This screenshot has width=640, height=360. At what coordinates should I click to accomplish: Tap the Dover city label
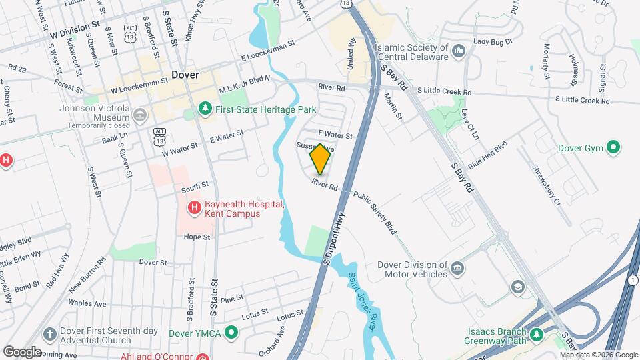(x=185, y=75)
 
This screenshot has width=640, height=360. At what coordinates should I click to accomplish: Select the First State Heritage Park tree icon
(x=205, y=108)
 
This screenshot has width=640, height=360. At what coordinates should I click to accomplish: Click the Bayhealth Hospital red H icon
(x=194, y=209)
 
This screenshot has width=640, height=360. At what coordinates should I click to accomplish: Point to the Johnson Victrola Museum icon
(x=140, y=116)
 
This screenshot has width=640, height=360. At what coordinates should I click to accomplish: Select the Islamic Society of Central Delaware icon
(x=458, y=51)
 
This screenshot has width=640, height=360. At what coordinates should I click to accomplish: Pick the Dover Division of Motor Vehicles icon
(x=457, y=269)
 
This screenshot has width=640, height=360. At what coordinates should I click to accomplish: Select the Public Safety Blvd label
(x=375, y=213)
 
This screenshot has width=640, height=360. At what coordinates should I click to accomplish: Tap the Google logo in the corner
(x=21, y=352)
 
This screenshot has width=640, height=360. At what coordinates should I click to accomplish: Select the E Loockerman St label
(x=269, y=52)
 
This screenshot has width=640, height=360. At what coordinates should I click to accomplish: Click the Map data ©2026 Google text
(x=598, y=355)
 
